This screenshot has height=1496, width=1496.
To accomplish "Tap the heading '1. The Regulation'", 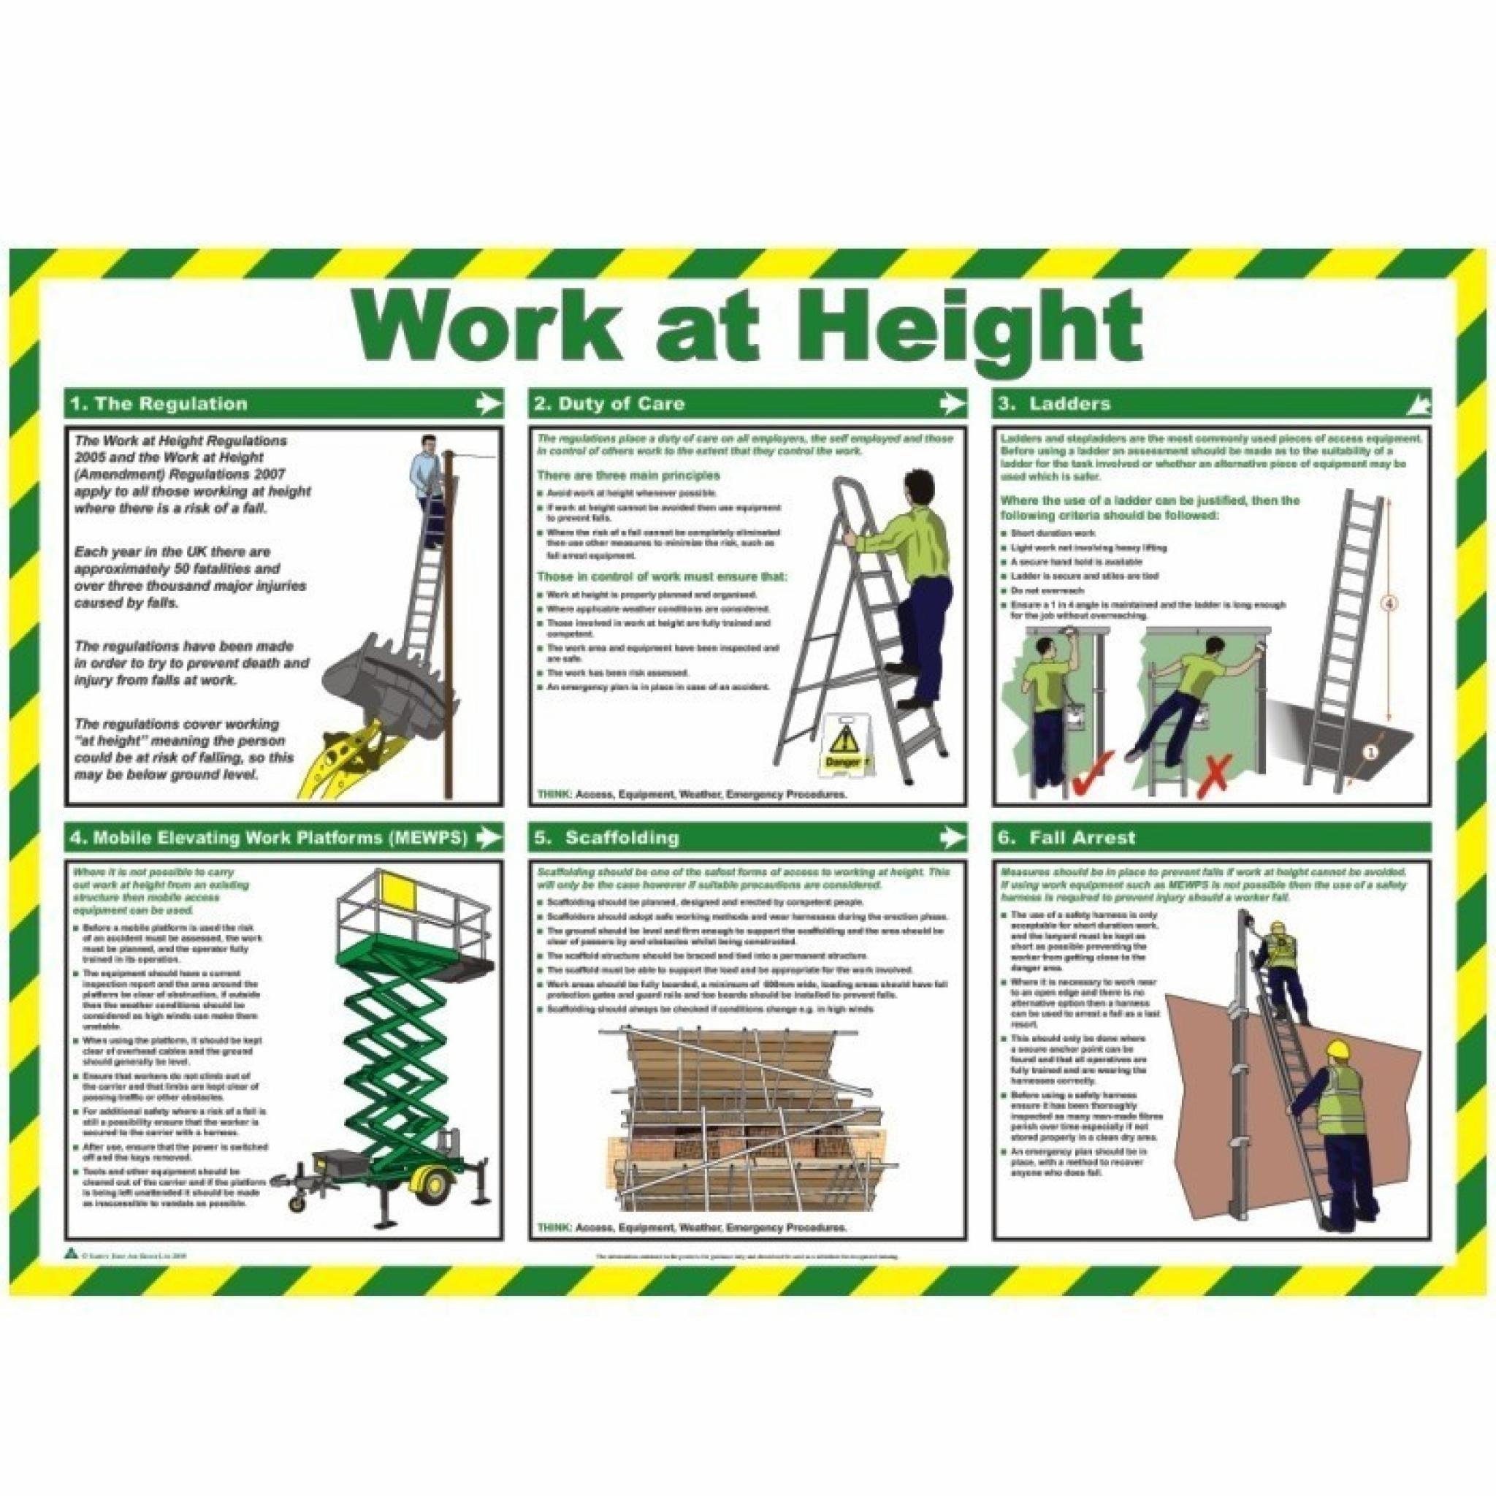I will [x=159, y=403].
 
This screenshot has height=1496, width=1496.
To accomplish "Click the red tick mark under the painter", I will [x=1093, y=764].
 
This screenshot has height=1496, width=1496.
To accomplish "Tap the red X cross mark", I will [x=1213, y=764].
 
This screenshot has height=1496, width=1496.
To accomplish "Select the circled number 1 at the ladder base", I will [x=1370, y=752].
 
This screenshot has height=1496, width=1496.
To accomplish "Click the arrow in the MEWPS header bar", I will [x=486, y=837].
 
